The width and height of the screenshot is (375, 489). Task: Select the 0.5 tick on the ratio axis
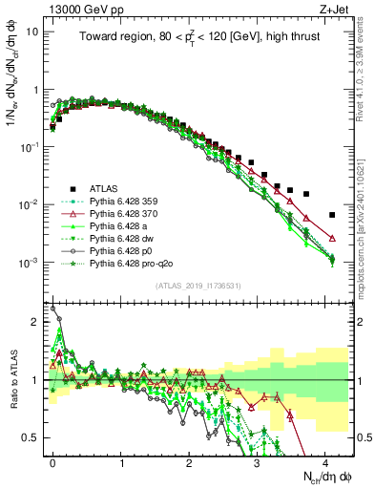[x=32, y=437]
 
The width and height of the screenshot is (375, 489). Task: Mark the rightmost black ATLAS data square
[x=331, y=215]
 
